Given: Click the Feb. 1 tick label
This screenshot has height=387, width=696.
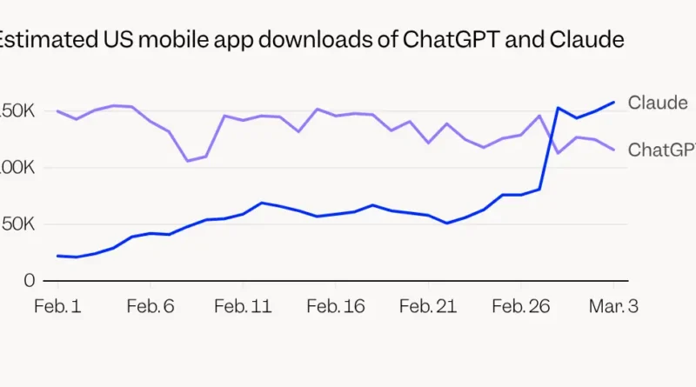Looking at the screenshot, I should pyautogui.click(x=58, y=306).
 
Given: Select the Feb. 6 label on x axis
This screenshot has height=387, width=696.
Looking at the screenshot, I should pyautogui.click(x=151, y=306).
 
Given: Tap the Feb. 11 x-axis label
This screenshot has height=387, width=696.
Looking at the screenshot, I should pyautogui.click(x=243, y=306).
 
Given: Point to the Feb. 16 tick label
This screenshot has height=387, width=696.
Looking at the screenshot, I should pyautogui.click(x=335, y=306).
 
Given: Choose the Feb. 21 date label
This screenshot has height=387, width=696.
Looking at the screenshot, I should pyautogui.click(x=427, y=306).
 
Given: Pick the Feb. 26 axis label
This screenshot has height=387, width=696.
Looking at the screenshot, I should pyautogui.click(x=519, y=306).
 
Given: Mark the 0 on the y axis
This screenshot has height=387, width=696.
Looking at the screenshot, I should pyautogui.click(x=29, y=281).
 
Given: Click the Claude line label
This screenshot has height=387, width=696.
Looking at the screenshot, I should pyautogui.click(x=658, y=103).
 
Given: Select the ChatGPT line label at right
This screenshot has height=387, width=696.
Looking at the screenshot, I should pyautogui.click(x=661, y=150).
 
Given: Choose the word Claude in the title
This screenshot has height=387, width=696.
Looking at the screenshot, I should pyautogui.click(x=587, y=40).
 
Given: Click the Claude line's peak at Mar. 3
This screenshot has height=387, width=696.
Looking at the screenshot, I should pyautogui.click(x=613, y=102).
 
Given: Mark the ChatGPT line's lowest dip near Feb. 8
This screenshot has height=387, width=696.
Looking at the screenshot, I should pyautogui.click(x=187, y=161).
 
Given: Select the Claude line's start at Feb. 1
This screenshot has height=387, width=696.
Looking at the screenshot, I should pyautogui.click(x=58, y=256).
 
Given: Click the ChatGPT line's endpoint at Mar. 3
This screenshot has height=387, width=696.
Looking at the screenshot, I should pyautogui.click(x=613, y=150).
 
